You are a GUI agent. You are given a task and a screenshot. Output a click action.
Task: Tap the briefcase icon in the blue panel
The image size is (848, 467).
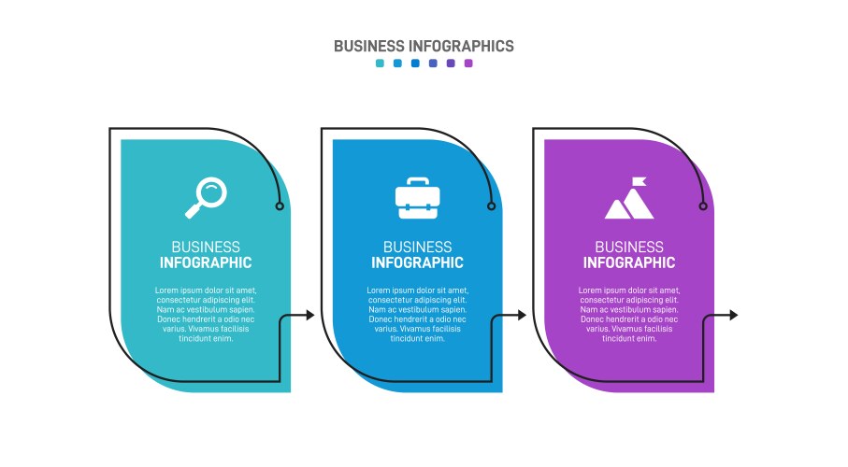point(418,198)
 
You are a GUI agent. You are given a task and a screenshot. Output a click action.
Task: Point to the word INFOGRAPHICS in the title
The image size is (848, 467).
point(461,47)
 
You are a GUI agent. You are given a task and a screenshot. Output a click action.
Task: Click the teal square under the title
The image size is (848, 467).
point(380,64)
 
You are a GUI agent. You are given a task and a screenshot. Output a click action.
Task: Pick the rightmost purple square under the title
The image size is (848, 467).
point(468,64)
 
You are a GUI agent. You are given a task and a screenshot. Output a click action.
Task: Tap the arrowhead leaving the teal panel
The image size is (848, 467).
point(309,315)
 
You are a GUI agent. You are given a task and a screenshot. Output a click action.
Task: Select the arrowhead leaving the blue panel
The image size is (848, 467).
point(522,315)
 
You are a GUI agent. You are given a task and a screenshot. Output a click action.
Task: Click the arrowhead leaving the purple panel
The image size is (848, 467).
point(733,315)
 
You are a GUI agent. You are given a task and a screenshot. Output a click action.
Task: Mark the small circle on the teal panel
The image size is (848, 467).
point(280,205)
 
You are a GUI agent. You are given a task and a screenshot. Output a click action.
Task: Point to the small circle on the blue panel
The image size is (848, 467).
point(491,205)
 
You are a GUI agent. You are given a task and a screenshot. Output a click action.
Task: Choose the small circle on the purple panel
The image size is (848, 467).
point(703,205)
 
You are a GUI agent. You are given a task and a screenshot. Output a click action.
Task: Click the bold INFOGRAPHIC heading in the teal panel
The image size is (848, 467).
point(206,263)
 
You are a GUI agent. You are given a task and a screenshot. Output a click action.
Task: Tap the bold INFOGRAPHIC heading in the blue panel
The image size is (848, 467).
point(418,263)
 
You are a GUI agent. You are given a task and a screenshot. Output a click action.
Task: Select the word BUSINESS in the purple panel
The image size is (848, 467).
point(629,247)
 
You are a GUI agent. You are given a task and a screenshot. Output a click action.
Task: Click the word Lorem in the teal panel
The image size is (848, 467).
point(166,290)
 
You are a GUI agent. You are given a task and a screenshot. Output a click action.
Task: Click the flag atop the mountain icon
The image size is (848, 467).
point(640,181)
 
